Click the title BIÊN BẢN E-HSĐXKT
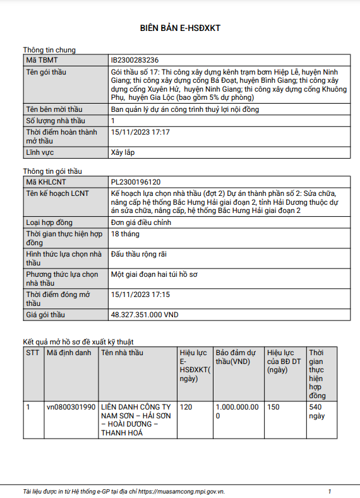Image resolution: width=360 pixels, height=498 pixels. click(x=179, y=28)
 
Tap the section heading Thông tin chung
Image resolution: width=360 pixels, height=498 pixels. click(x=49, y=50)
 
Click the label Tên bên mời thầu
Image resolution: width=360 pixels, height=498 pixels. click(x=54, y=109)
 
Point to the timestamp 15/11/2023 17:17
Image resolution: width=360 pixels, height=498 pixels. click(x=140, y=132)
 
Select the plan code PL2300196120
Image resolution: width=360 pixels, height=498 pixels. click(x=136, y=181)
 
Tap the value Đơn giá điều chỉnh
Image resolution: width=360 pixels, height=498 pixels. click(x=141, y=222)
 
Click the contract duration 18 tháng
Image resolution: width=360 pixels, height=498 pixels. click(x=124, y=234)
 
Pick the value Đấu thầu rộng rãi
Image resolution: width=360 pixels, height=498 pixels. click(x=138, y=254)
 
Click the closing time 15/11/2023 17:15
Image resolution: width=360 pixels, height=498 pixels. click(x=140, y=295)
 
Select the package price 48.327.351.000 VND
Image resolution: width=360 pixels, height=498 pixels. click(x=146, y=314)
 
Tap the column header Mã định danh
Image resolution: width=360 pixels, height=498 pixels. click(x=69, y=353)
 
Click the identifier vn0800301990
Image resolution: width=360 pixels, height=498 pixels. click(x=71, y=407)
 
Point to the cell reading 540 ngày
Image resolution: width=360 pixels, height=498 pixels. click(x=316, y=411)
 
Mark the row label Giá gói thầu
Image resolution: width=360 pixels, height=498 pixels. click(x=50, y=314)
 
